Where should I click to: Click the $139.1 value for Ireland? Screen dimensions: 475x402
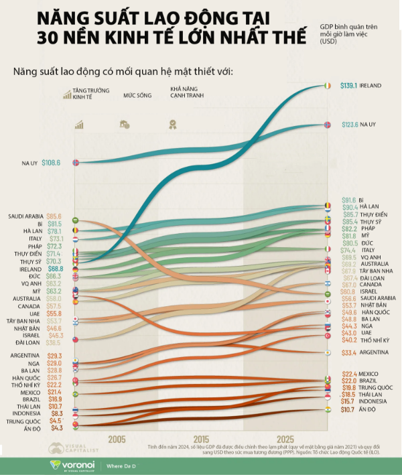348,85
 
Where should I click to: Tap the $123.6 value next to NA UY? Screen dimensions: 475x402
348,125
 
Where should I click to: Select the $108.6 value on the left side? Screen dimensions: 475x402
51,162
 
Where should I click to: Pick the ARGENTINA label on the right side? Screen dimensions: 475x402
376,352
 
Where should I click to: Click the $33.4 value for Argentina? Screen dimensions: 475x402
350,352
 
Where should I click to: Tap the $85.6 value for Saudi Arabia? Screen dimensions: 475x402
54,216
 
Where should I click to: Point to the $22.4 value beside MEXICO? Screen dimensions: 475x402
348,374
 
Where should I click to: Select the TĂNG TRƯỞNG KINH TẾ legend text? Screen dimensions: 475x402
84,95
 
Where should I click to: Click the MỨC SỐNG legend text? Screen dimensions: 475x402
136,95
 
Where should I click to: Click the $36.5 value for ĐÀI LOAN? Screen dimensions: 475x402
54,342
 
